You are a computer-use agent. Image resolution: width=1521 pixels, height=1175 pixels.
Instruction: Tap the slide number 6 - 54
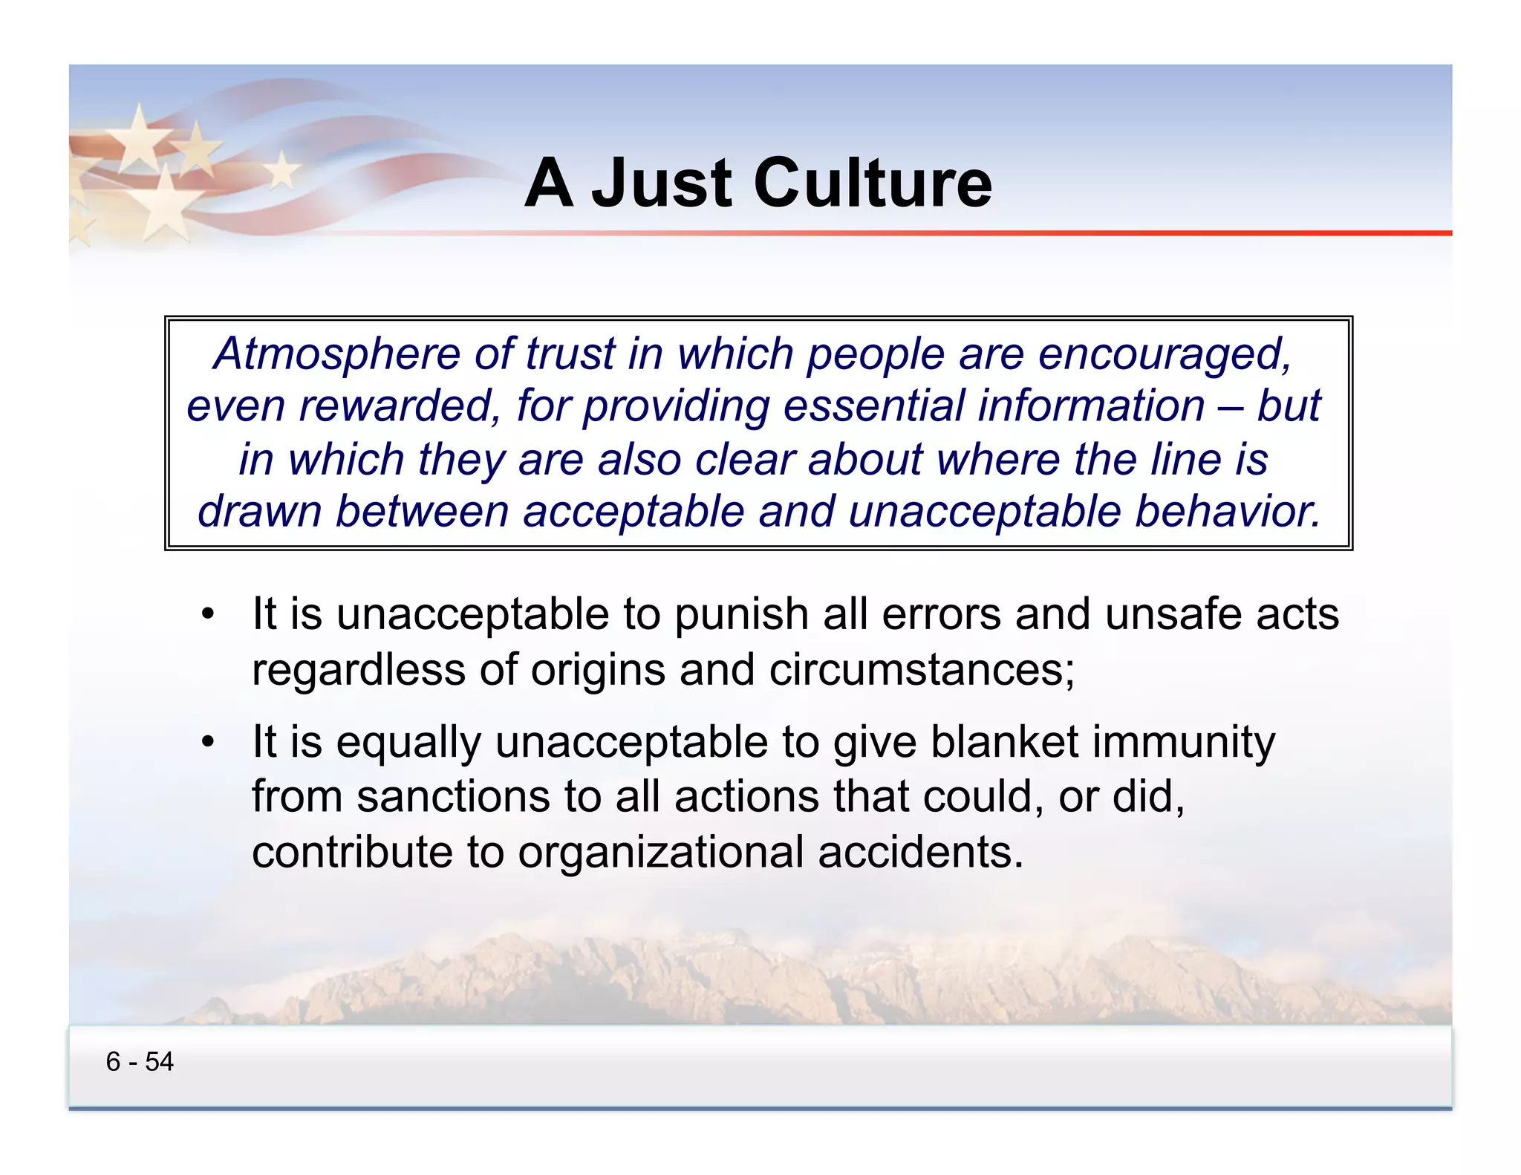pyautogui.click(x=140, y=1061)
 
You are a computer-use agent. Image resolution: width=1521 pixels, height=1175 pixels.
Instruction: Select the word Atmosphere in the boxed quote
pyautogui.click(x=336, y=354)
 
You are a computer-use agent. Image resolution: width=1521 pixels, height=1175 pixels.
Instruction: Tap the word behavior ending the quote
pyautogui.click(x=1227, y=512)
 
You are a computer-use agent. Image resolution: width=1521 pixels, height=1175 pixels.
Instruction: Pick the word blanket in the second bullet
pyautogui.click(x=1004, y=742)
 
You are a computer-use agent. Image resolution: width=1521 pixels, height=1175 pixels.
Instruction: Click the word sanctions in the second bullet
pyautogui.click(x=453, y=797)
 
